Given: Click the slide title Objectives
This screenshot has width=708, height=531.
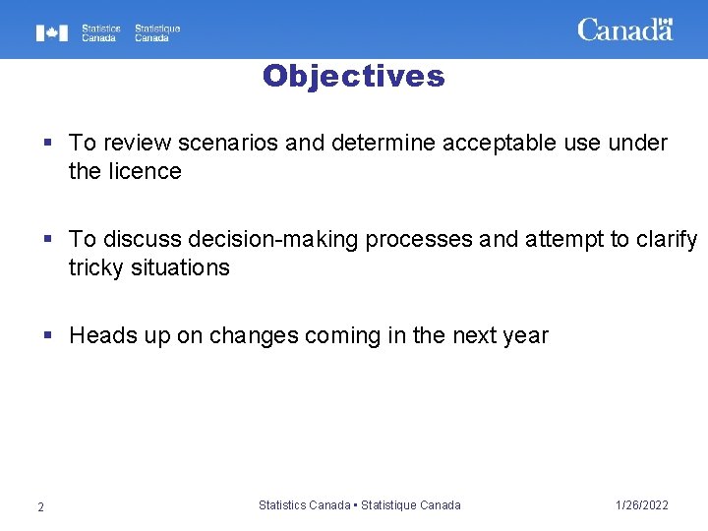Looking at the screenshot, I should pos(353,77).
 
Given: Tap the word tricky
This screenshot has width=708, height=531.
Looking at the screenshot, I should pos(96,267).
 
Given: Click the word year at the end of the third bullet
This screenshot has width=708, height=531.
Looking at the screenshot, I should pos(526,336).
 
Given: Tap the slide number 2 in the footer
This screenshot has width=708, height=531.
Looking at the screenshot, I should pos(40,506).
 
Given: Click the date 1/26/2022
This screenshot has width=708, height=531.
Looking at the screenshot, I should pos(641,505).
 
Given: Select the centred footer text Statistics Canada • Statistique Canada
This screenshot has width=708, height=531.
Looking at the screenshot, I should pos(359,505).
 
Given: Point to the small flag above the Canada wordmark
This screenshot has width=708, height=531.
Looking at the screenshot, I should pos(666,21).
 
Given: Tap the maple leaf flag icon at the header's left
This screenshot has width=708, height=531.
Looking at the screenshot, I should pos(52,33).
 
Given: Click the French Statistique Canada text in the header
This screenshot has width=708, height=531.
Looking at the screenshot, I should pos(157,33).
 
